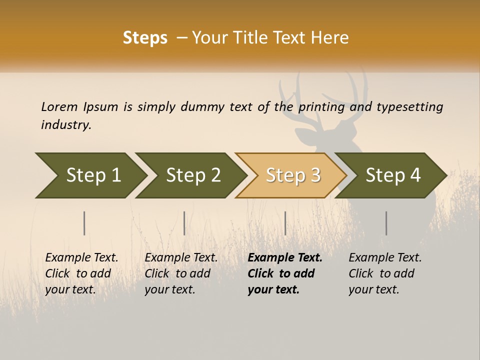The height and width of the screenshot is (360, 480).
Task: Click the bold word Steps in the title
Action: (145, 38)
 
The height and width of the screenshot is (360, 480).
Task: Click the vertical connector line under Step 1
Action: (84, 223)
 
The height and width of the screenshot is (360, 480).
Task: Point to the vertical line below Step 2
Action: (184, 223)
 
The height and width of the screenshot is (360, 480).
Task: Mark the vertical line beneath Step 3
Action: (285, 223)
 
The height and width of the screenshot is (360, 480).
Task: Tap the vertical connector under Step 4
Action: (386, 223)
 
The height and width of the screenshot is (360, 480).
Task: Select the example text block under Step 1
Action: (81, 273)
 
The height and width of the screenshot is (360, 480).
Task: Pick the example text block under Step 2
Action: (181, 273)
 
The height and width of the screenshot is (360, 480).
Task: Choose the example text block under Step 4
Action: (385, 273)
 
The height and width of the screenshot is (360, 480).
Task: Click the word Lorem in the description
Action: (59, 106)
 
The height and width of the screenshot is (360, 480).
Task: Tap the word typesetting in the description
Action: (409, 106)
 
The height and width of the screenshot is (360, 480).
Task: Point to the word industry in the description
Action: (65, 124)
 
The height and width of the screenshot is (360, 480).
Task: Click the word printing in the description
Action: (321, 106)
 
